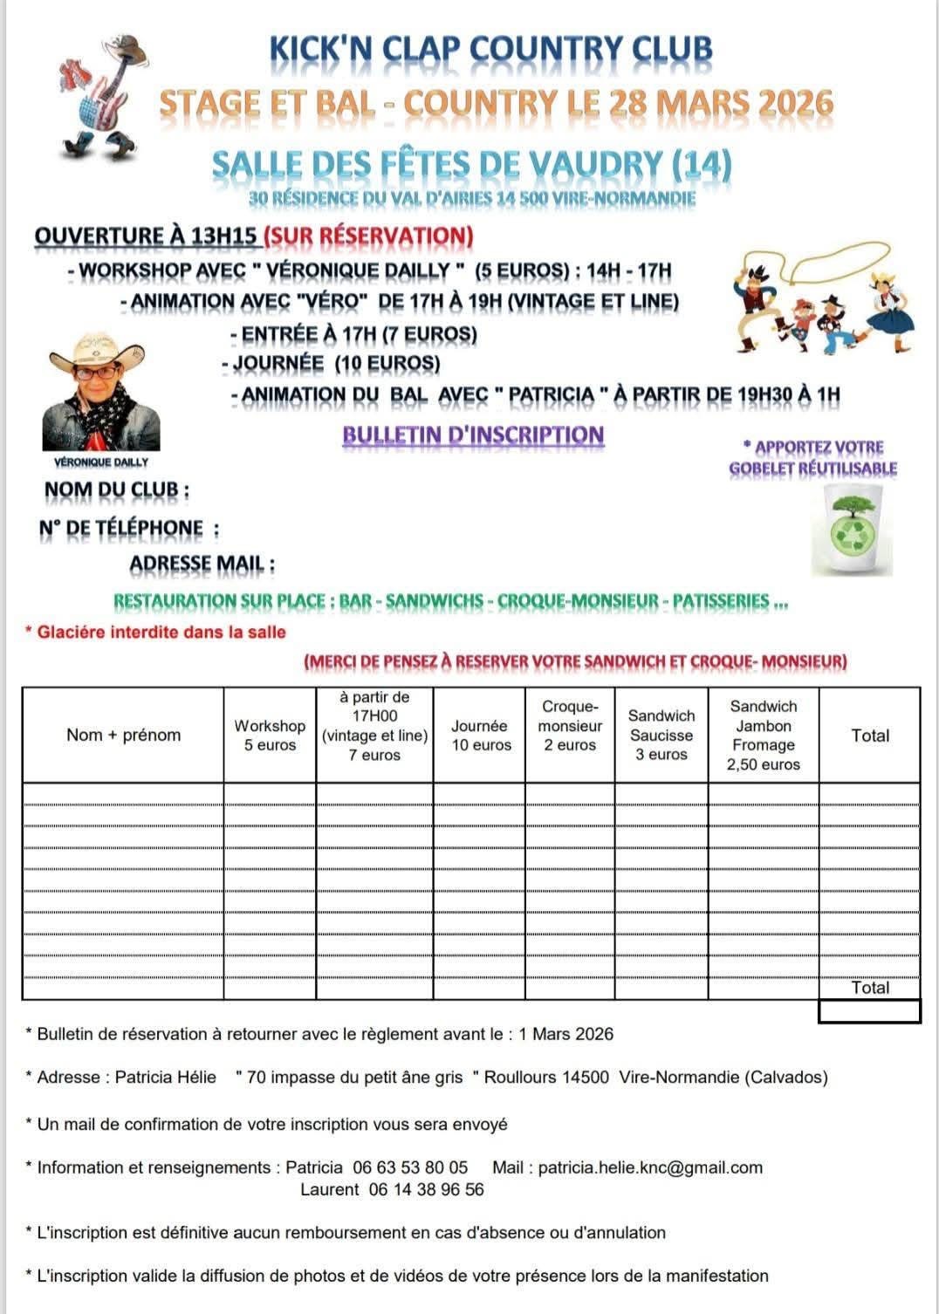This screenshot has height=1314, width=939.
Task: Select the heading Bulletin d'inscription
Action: (x=473, y=435)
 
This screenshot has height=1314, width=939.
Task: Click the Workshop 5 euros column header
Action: (x=270, y=736)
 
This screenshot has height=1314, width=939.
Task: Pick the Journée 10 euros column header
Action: (x=481, y=736)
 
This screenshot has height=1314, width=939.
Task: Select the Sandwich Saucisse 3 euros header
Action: (x=661, y=735)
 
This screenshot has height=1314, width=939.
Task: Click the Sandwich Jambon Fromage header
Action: (x=764, y=736)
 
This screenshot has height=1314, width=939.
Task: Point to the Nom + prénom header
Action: (x=124, y=735)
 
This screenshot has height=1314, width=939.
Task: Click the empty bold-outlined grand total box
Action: (x=869, y=1011)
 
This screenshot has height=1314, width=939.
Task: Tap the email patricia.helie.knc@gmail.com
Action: (x=650, y=1167)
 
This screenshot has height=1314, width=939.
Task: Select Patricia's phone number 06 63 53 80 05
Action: (x=410, y=1167)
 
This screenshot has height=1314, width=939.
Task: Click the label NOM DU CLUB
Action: (x=117, y=490)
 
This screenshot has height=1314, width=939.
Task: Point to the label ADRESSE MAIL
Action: (x=202, y=565)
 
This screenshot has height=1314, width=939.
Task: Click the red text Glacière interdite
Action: (x=161, y=632)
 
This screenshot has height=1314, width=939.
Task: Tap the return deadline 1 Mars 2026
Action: (x=565, y=1034)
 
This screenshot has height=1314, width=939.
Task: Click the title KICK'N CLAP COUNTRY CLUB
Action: (x=491, y=51)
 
